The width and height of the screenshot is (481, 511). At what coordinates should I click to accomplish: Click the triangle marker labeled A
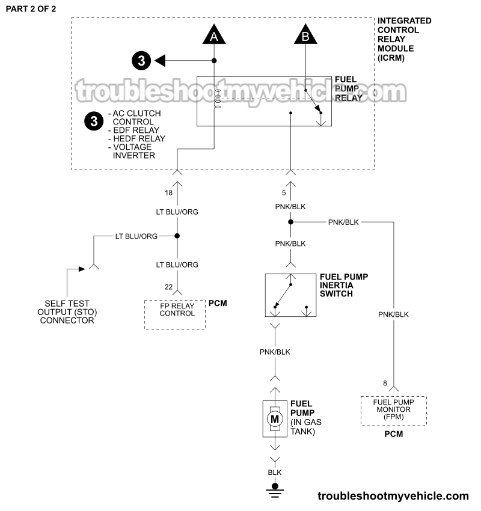point(213,36)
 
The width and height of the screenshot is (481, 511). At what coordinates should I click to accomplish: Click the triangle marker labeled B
point(305,36)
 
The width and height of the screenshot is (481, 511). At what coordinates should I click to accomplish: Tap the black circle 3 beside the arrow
point(141,61)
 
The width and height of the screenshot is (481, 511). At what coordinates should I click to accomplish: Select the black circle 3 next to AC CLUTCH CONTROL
point(93,121)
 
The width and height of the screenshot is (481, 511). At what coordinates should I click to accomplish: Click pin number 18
point(168,192)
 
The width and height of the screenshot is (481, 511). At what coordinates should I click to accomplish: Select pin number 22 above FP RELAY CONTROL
point(168,288)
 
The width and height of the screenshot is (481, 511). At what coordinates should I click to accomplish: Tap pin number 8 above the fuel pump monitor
point(385,383)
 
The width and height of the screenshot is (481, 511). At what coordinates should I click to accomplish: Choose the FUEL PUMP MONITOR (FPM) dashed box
point(393,411)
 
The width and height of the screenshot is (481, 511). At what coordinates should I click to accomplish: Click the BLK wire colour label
point(275,473)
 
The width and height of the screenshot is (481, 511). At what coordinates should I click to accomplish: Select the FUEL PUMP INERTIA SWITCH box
point(290,295)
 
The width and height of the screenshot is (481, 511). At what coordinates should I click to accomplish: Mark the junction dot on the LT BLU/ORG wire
point(177,236)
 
